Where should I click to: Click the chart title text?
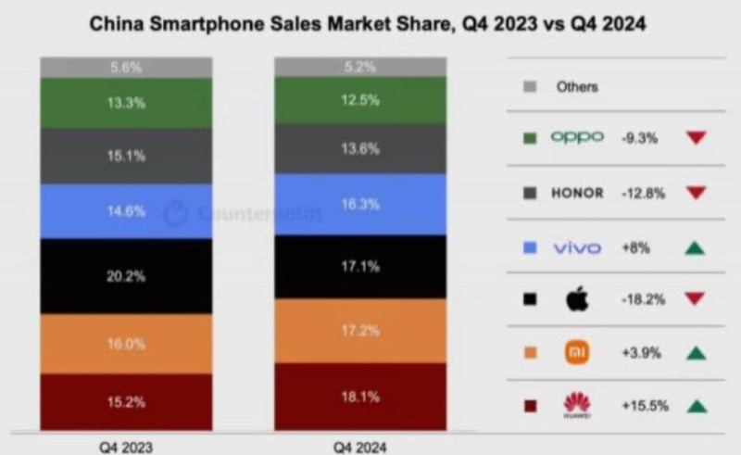[367, 25]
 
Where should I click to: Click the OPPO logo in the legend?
[576, 137]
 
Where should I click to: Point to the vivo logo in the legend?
[576, 246]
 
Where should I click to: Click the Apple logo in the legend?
[576, 299]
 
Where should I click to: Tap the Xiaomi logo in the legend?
[576, 352]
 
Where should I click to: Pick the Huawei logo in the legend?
[576, 405]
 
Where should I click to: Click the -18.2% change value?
[638, 299]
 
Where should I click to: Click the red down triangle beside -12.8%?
[696, 193]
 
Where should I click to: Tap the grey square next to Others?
[530, 87]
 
